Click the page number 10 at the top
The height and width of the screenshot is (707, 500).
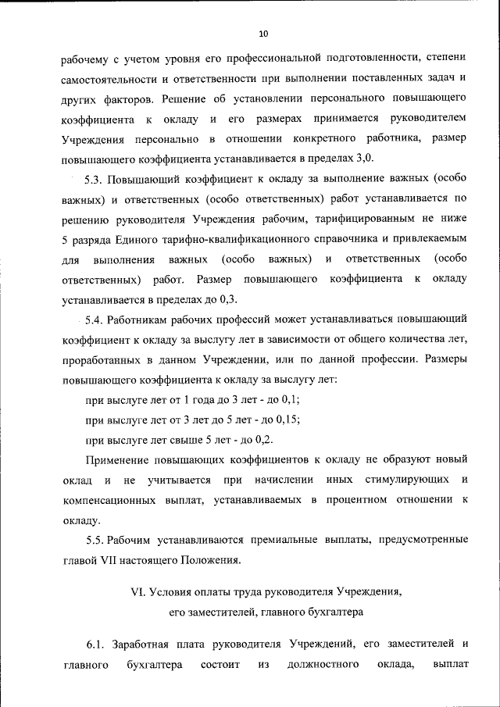click(262, 34)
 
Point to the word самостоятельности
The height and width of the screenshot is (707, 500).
click(109, 79)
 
